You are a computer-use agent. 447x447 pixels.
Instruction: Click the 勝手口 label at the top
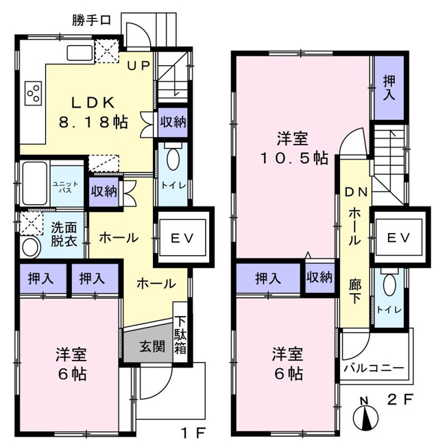click(91, 21)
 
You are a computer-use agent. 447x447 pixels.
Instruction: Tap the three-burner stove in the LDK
click(34, 93)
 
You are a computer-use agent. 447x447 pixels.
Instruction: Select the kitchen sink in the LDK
click(80, 53)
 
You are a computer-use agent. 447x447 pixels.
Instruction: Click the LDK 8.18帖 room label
click(93, 112)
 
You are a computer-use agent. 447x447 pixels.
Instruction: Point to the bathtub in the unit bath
click(35, 183)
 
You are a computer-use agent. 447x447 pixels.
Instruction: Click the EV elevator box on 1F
click(182, 237)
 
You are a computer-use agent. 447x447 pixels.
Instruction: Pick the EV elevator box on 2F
click(399, 237)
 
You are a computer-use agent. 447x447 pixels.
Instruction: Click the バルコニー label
click(374, 368)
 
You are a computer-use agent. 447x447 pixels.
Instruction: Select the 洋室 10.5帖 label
click(293, 148)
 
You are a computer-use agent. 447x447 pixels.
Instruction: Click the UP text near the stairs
click(138, 66)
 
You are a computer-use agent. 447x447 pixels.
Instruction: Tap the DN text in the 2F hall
click(357, 193)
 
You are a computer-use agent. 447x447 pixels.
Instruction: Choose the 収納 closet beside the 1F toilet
click(173, 123)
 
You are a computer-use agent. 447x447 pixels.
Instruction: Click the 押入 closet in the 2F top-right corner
click(389, 88)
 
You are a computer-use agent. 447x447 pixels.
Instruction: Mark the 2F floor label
click(400, 400)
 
